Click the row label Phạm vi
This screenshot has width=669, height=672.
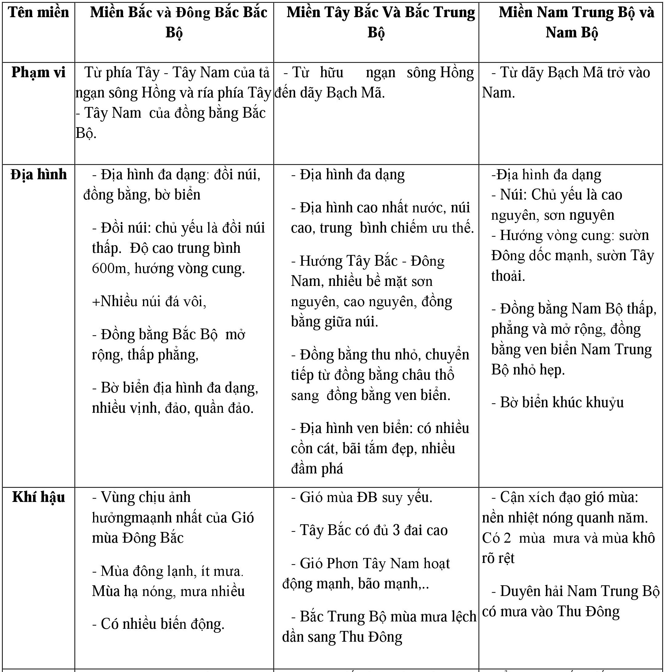coord(38,72)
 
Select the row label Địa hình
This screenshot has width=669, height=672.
coord(39,174)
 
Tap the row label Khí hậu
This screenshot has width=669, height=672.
coord(39,497)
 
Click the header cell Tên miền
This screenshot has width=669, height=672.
coord(39,13)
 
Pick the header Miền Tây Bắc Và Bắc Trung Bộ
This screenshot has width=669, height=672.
coord(381,22)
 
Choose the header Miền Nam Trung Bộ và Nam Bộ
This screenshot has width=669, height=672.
coord(576,22)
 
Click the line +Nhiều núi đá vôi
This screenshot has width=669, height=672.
coord(149,301)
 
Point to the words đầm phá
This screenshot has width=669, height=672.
coord(317,469)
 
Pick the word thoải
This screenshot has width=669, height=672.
coord(508,276)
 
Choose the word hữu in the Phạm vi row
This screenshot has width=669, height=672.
coord(332,72)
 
